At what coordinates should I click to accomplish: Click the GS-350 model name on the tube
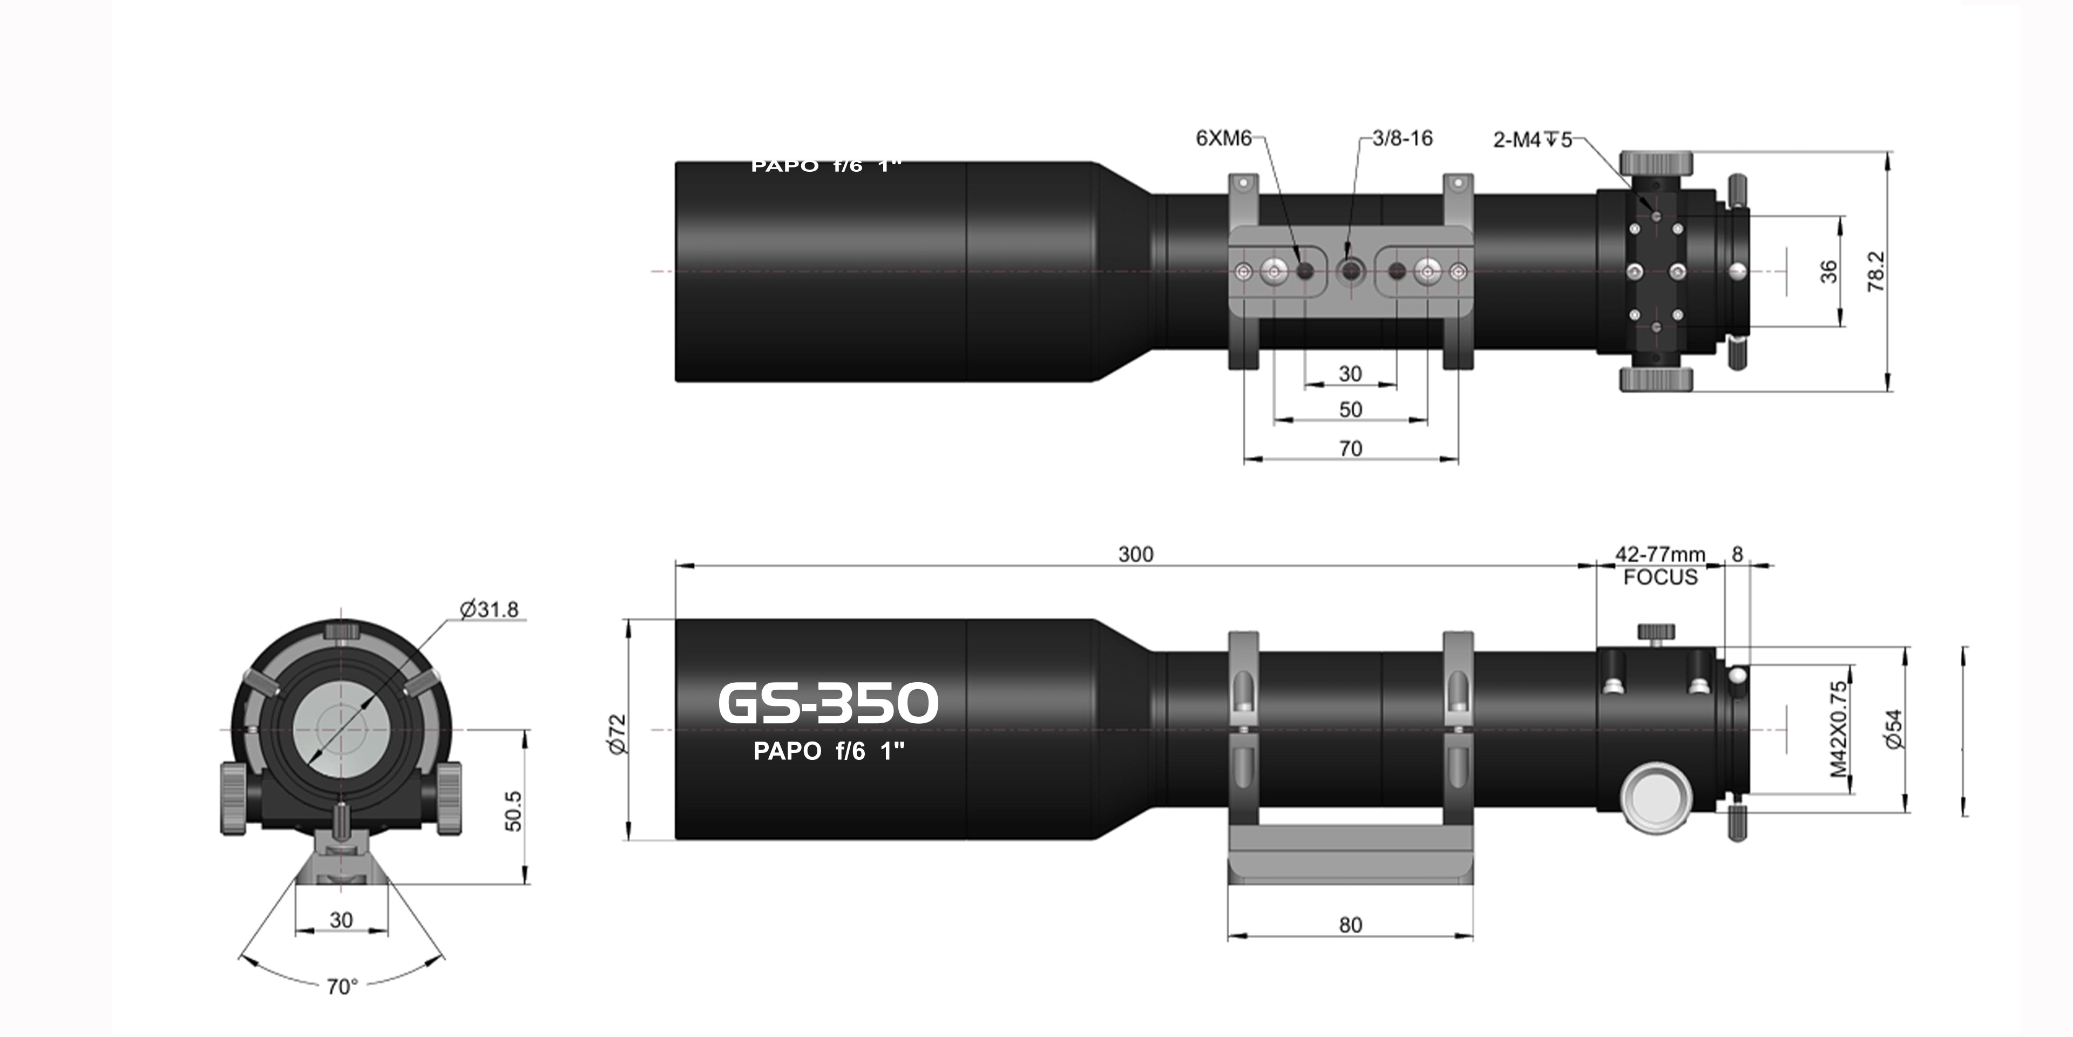pyautogui.click(x=827, y=703)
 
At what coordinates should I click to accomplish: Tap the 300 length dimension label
pyautogui.click(x=1135, y=554)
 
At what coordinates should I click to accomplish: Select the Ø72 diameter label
pyautogui.click(x=617, y=733)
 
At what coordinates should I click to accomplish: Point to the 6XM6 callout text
pyautogui.click(x=1223, y=138)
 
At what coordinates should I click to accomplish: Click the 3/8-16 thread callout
pyautogui.click(x=1402, y=138)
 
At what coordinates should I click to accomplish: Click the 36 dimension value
pyautogui.click(x=1828, y=271)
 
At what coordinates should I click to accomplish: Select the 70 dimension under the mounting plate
pyautogui.click(x=1350, y=448)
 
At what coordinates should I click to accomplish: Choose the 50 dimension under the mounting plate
pyautogui.click(x=1350, y=410)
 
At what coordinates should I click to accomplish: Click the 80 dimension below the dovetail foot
pyautogui.click(x=1350, y=925)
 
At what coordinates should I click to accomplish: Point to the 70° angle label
pyautogui.click(x=342, y=986)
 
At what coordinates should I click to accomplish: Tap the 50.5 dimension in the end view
pyautogui.click(x=513, y=811)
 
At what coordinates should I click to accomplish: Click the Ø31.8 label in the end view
pyautogui.click(x=489, y=609)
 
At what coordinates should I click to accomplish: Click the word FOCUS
pyautogui.click(x=1659, y=577)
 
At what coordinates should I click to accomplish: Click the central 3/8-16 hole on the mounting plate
pyautogui.click(x=1350, y=271)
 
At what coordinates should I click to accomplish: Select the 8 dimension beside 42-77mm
pyautogui.click(x=1737, y=554)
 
